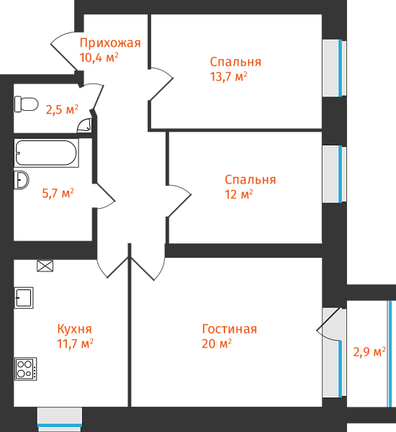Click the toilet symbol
click(26, 104)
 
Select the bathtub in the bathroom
click(46, 153)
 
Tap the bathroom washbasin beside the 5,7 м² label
click(21, 180)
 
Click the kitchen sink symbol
click(24, 298)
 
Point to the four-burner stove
click(25, 369)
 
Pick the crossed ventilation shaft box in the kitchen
click(45, 266)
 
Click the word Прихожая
click(110, 43)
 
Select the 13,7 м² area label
click(228, 76)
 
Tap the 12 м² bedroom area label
click(238, 194)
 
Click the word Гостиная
click(230, 329)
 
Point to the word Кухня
click(74, 329)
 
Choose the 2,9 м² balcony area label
click(369, 352)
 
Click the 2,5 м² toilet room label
click(62, 109)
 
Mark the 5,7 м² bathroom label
click(58, 193)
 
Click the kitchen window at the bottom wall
click(60, 419)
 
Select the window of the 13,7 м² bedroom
click(335, 68)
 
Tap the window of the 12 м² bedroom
click(335, 174)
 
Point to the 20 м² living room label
click(217, 344)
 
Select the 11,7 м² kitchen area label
click(75, 344)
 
